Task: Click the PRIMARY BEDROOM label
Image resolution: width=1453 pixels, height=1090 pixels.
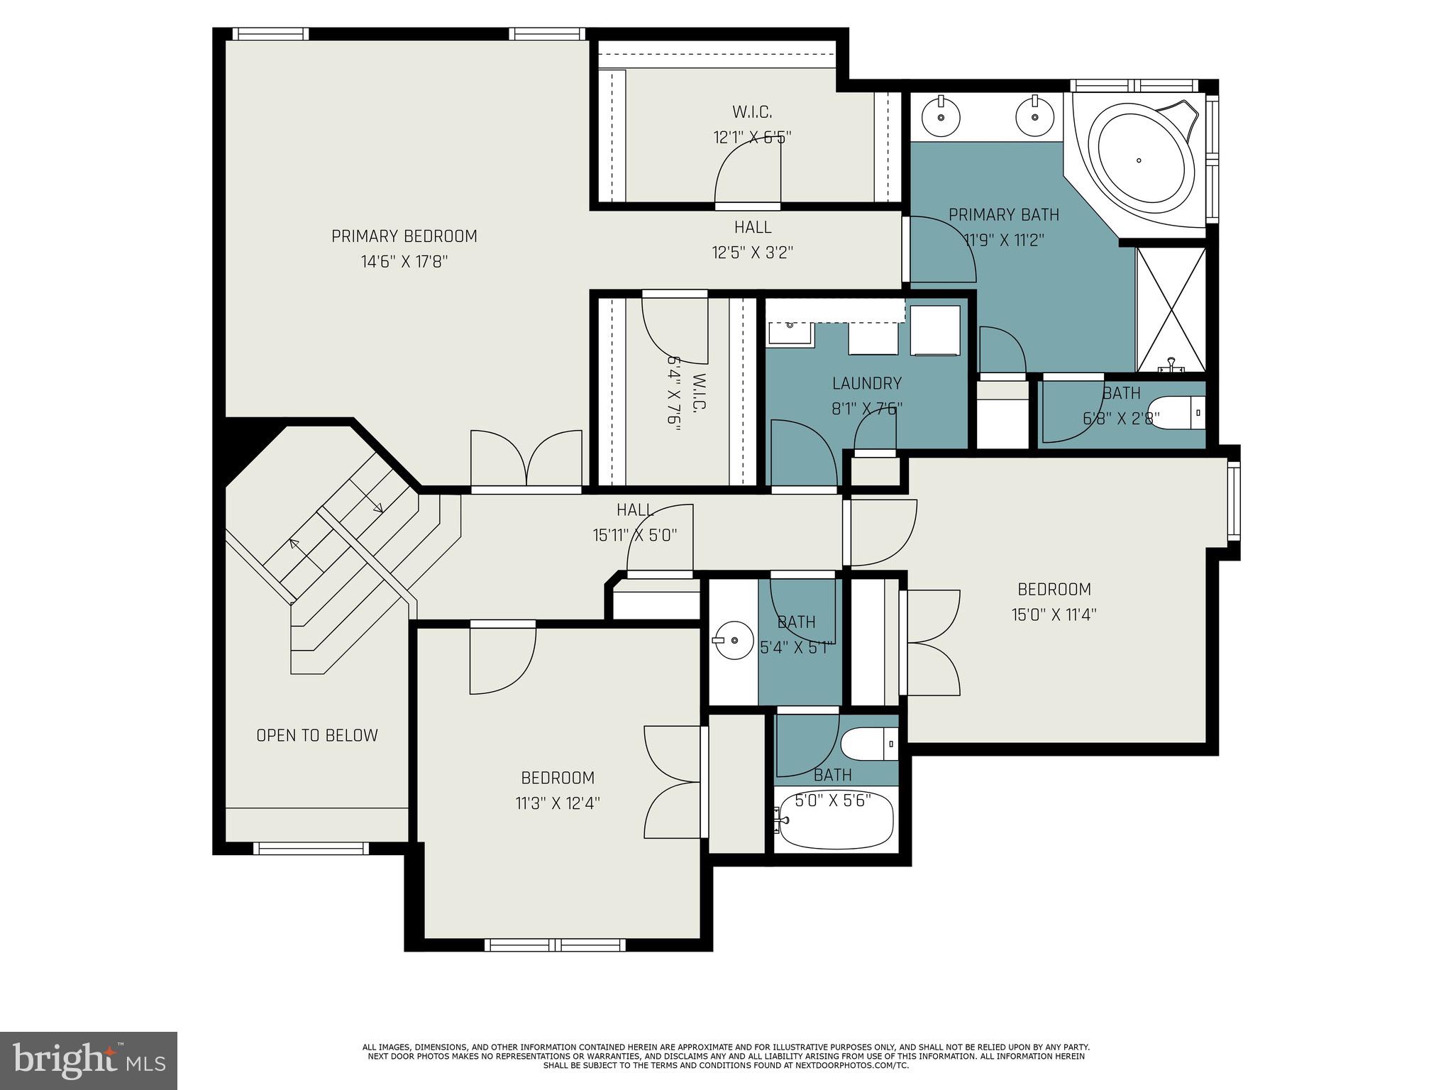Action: [x=404, y=236]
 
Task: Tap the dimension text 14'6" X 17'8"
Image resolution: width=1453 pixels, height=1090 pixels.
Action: [x=404, y=262]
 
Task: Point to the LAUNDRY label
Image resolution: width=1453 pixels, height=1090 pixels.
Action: [x=867, y=384]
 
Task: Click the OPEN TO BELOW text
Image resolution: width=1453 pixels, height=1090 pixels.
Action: [x=317, y=736]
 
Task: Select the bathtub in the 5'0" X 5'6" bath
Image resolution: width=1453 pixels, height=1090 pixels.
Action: [x=834, y=820]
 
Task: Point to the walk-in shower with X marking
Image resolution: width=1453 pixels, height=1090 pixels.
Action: [x=1171, y=309]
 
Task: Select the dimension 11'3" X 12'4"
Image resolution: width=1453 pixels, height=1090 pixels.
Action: [x=558, y=803]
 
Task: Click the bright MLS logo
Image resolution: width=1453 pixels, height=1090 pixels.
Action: [x=89, y=1061]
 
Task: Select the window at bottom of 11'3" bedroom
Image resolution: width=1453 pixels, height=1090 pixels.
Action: [x=555, y=945]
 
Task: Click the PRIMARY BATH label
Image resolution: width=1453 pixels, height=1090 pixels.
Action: [x=1003, y=214]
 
